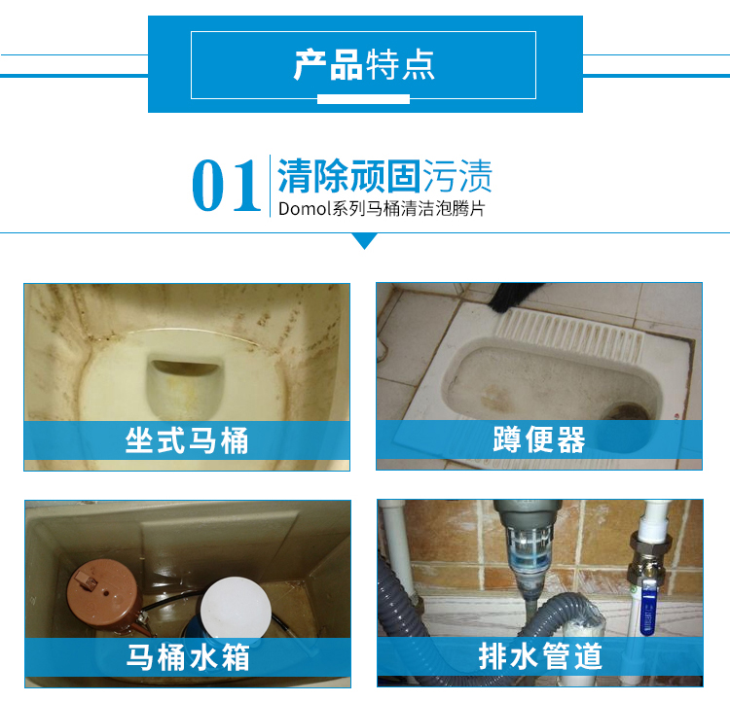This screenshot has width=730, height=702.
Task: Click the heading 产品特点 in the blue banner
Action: (x=364, y=65)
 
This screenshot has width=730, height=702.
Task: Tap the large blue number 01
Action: (x=226, y=185)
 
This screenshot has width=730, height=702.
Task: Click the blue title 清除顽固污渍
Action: (x=384, y=176)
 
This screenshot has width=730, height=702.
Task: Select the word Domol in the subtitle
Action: (x=304, y=208)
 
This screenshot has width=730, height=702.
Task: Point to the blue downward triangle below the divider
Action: (x=365, y=240)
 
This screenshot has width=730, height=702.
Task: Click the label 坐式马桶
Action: (x=187, y=440)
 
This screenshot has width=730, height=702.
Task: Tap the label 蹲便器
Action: (x=539, y=439)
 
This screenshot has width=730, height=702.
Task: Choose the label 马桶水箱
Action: (x=188, y=657)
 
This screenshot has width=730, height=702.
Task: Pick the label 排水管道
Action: (x=540, y=656)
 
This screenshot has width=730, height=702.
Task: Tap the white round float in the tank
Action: (x=237, y=607)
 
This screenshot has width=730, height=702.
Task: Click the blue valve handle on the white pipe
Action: (x=647, y=611)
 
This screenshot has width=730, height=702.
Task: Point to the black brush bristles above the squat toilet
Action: (x=516, y=297)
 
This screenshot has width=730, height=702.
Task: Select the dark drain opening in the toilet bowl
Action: (x=185, y=368)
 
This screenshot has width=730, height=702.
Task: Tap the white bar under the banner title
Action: (x=364, y=99)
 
